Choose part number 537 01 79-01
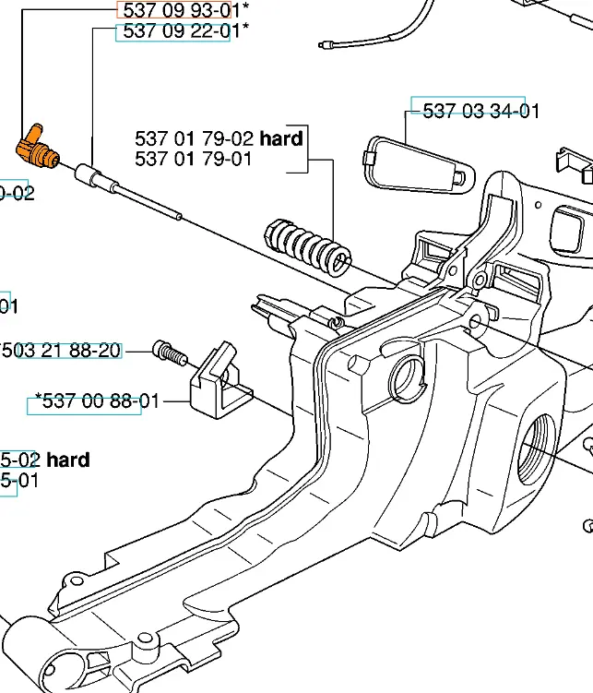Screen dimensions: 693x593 tap(194, 159)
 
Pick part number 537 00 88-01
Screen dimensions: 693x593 tap(97, 401)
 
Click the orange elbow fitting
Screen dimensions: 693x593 tap(37, 147)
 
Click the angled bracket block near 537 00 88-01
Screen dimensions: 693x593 tap(220, 380)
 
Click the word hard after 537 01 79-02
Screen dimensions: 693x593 tap(281, 139)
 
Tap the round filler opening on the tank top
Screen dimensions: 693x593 tap(407, 376)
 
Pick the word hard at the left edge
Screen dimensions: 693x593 tap(68, 460)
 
